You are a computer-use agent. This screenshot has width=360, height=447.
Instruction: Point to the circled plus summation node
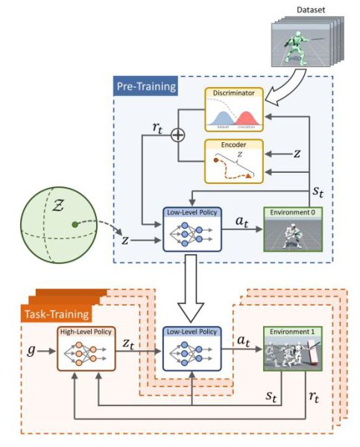tap(177, 135)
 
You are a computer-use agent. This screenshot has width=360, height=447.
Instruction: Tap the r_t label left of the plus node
tap(158, 127)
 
